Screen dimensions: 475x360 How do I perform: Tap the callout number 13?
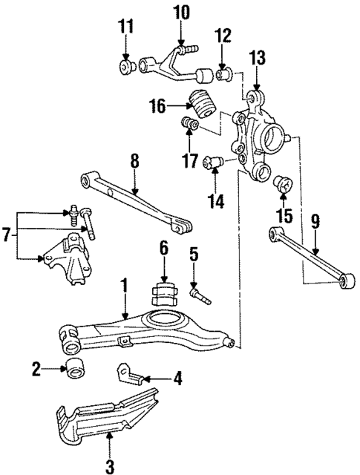click(256, 58)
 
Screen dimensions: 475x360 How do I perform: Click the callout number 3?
click(110, 465)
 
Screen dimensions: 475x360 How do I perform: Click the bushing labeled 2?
click(75, 367)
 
